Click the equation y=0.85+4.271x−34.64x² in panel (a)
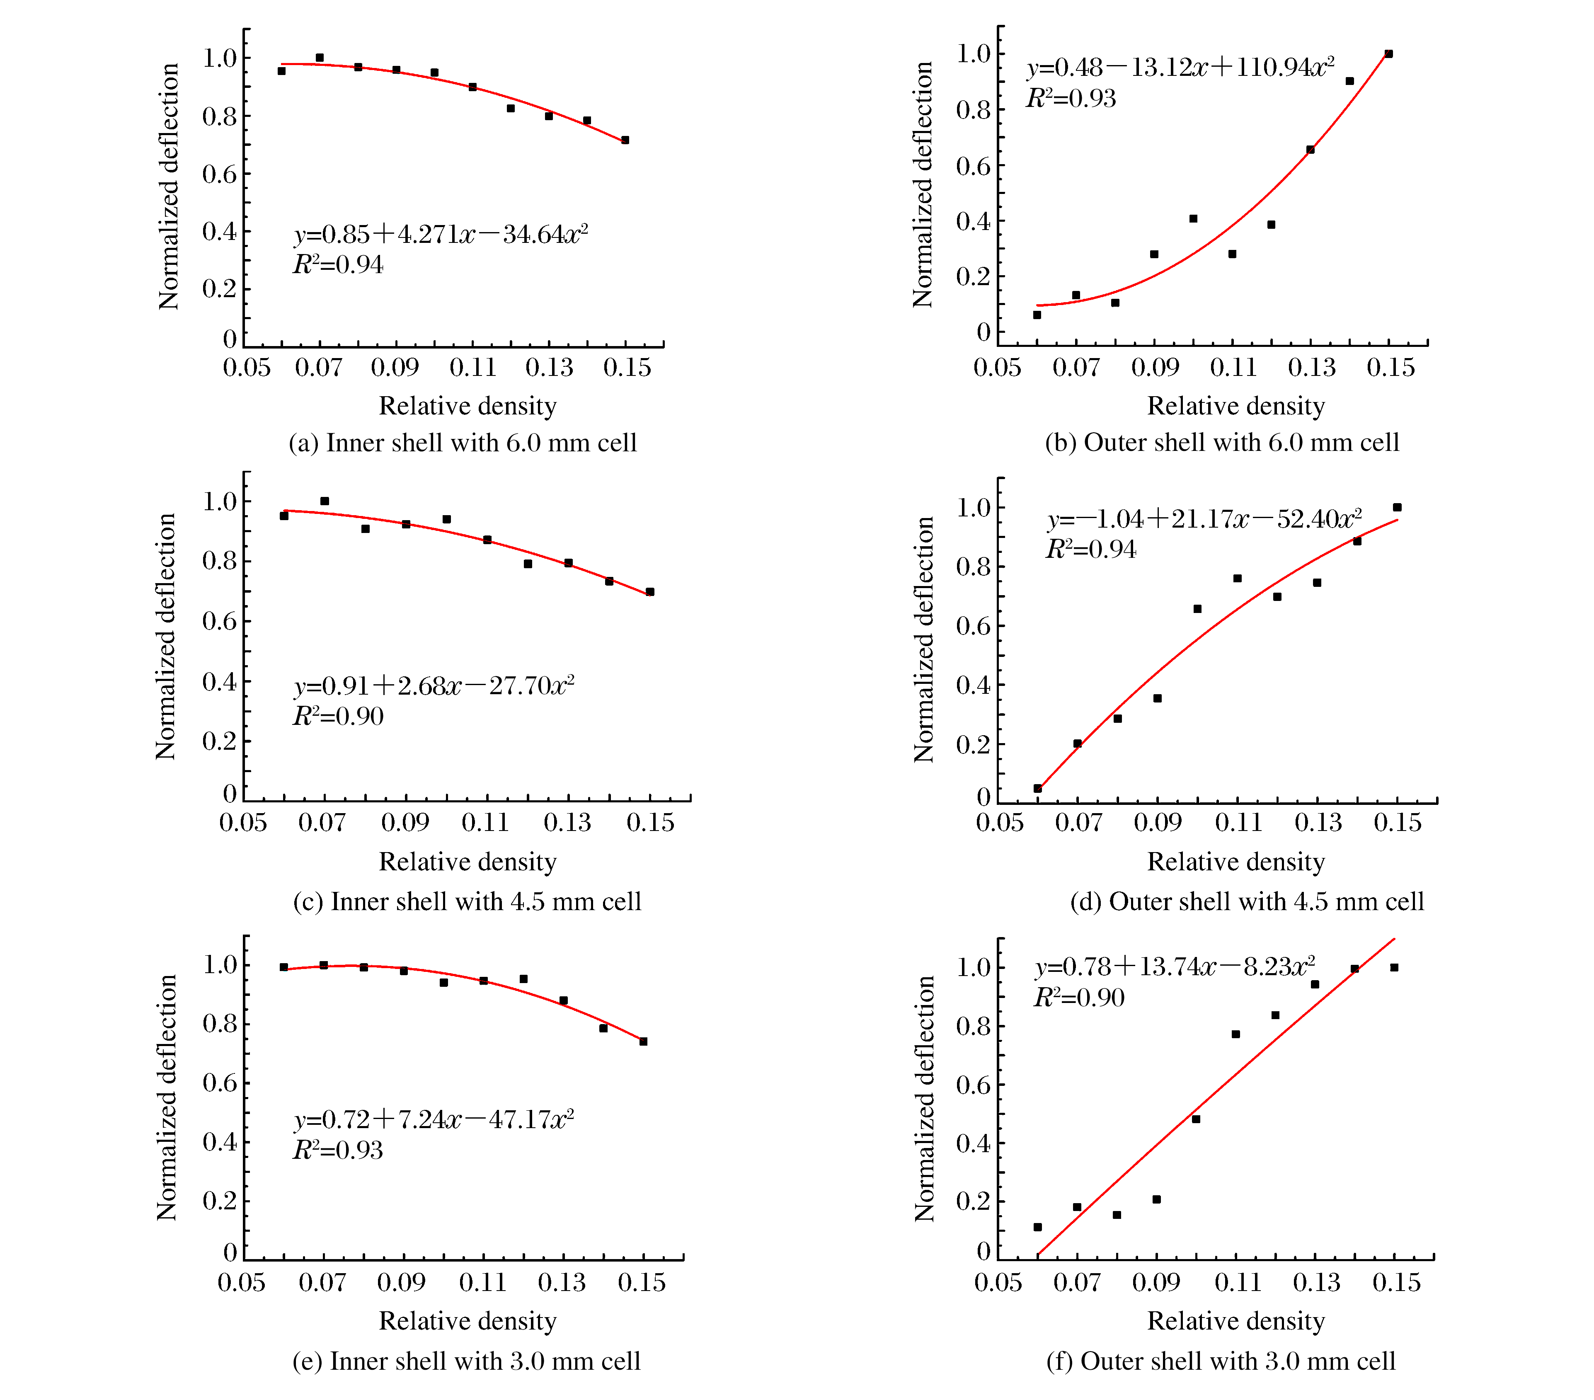441,234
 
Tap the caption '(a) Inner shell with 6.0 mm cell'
463,443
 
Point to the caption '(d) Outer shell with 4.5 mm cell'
1246,901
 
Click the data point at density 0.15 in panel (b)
1388,54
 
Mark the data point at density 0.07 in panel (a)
320,58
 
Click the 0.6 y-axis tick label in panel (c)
219,622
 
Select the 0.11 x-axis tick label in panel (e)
483,1282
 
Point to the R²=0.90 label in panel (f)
1079,998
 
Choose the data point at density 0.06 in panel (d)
1037,789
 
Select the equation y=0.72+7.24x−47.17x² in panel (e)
434,1120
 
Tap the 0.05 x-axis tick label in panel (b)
997,367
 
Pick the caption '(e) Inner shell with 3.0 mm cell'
466,1361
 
